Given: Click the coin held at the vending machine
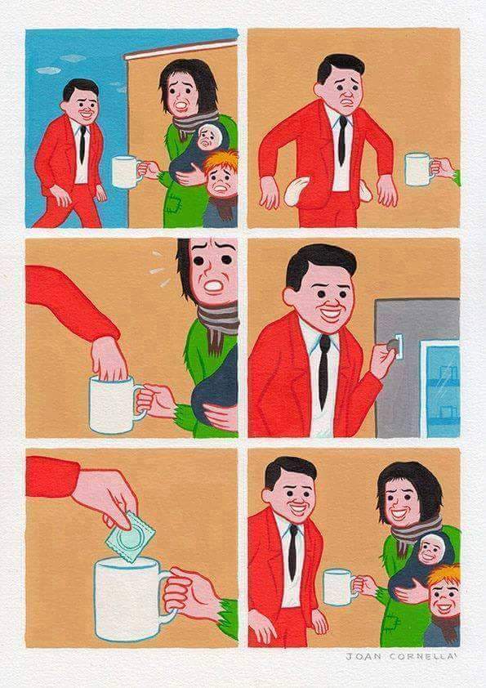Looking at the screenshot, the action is (x=390, y=347).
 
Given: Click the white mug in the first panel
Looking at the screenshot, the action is (x=127, y=172).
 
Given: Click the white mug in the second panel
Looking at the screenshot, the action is (x=418, y=170).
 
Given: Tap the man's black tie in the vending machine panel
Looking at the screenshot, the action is (x=323, y=372).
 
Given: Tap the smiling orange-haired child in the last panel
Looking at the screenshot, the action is (x=444, y=594).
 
